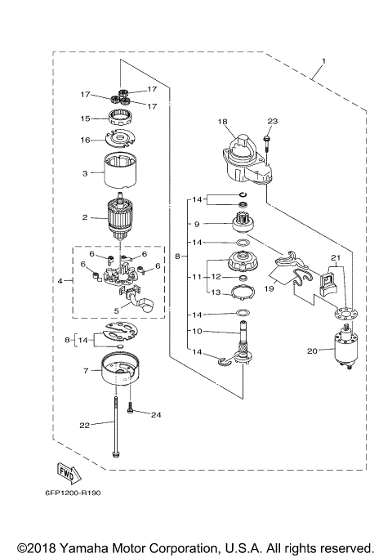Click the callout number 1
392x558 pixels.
pyautogui.click(x=323, y=61)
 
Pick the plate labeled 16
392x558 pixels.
pyautogui.click(x=121, y=140)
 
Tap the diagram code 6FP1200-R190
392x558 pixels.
pyautogui.click(x=69, y=493)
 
